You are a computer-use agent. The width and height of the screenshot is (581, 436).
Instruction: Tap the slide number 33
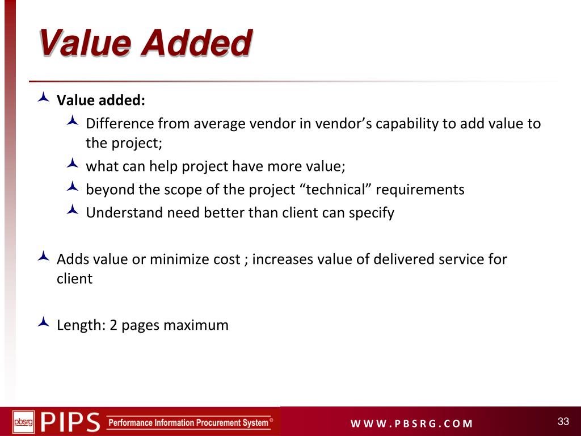point(563,421)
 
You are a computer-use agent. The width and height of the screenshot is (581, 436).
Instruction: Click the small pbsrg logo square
point(23,422)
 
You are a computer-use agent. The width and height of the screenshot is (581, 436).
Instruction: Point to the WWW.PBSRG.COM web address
point(411,424)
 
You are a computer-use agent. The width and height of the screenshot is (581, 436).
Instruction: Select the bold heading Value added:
point(101,100)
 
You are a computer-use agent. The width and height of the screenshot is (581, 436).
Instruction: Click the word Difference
point(120,124)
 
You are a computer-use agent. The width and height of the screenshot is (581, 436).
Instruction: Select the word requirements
point(420,190)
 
